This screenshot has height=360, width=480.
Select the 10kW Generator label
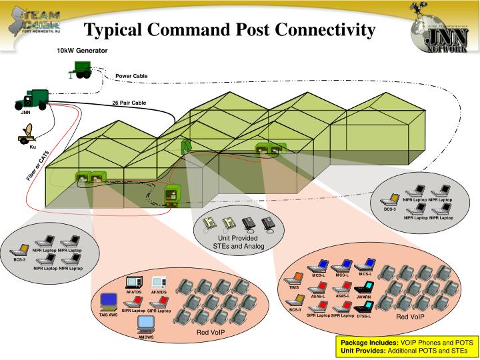(x=82, y=51)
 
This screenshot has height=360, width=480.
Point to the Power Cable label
(x=131, y=76)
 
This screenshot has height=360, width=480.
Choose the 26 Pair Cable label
(x=129, y=103)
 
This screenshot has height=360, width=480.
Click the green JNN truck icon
(x=31, y=100)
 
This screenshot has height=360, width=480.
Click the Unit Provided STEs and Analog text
(x=239, y=243)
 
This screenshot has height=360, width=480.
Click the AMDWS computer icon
(x=146, y=325)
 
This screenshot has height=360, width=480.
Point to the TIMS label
(x=294, y=287)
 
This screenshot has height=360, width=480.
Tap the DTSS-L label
(x=363, y=316)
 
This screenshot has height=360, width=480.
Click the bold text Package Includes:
(x=364, y=342)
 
